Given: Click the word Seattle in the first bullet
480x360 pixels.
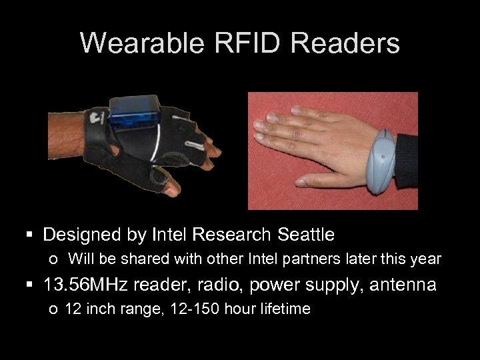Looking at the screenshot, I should coord(303,235).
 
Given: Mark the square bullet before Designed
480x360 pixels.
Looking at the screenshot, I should coord(28,235).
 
